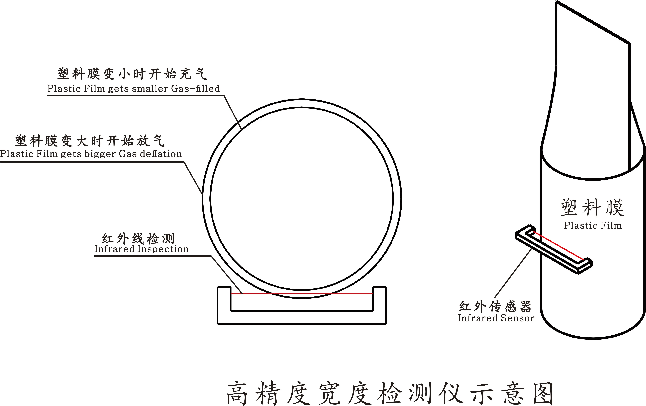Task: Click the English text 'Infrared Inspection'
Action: pos(141,249)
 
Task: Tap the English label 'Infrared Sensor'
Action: pos(496,318)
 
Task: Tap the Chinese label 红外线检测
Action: pos(138,238)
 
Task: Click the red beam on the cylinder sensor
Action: pos(558,245)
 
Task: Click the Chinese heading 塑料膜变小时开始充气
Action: pos(132,74)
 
